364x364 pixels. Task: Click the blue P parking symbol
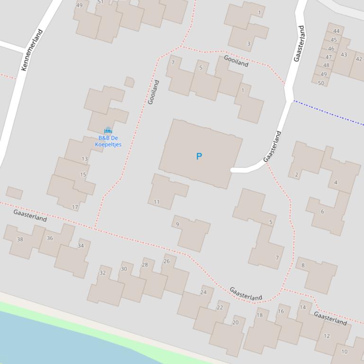(x=199, y=156)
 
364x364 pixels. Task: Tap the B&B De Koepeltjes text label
(x=108, y=141)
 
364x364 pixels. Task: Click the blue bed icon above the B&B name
(x=108, y=130)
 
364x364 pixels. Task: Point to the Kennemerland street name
(x=32, y=50)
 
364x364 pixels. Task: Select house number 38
(x=20, y=239)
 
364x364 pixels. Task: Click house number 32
(x=102, y=273)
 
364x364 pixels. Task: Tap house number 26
(x=167, y=261)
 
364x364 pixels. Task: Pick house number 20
(x=235, y=322)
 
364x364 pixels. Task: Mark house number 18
(x=259, y=315)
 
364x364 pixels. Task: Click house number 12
(x=327, y=336)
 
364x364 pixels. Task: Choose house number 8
(x=303, y=265)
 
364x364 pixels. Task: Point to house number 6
(x=322, y=211)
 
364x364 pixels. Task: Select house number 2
(x=297, y=175)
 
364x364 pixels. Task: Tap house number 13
(x=85, y=159)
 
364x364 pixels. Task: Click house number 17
(x=75, y=207)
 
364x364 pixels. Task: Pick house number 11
(x=157, y=202)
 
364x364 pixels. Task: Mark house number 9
(x=178, y=224)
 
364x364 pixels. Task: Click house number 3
(x=249, y=43)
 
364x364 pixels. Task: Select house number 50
(x=321, y=83)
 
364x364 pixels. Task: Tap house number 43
(x=344, y=54)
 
